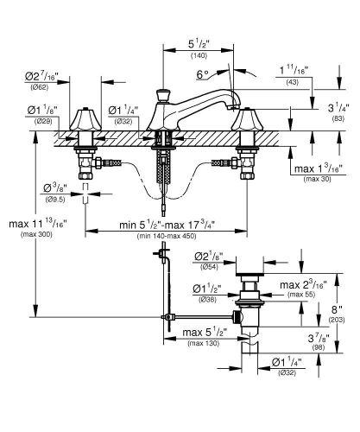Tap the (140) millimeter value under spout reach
coord(176,54)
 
